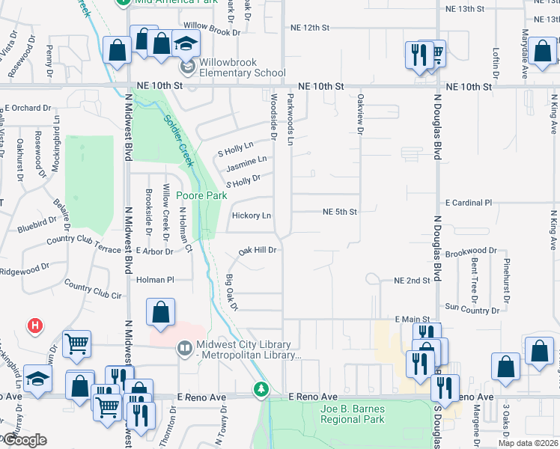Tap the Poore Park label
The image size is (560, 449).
point(201,196)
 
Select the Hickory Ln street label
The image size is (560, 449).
point(251,216)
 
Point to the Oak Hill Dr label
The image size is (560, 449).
point(258,251)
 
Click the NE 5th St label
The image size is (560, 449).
point(339,212)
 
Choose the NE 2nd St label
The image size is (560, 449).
point(413,281)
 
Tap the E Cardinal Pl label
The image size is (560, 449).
point(469,203)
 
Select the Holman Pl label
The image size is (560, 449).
point(156,280)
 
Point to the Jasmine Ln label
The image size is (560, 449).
point(246,161)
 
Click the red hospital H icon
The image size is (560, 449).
point(34,326)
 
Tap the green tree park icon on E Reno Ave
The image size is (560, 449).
point(261,389)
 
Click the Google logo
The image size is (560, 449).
point(24,440)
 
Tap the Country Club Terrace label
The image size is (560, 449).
point(83,245)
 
